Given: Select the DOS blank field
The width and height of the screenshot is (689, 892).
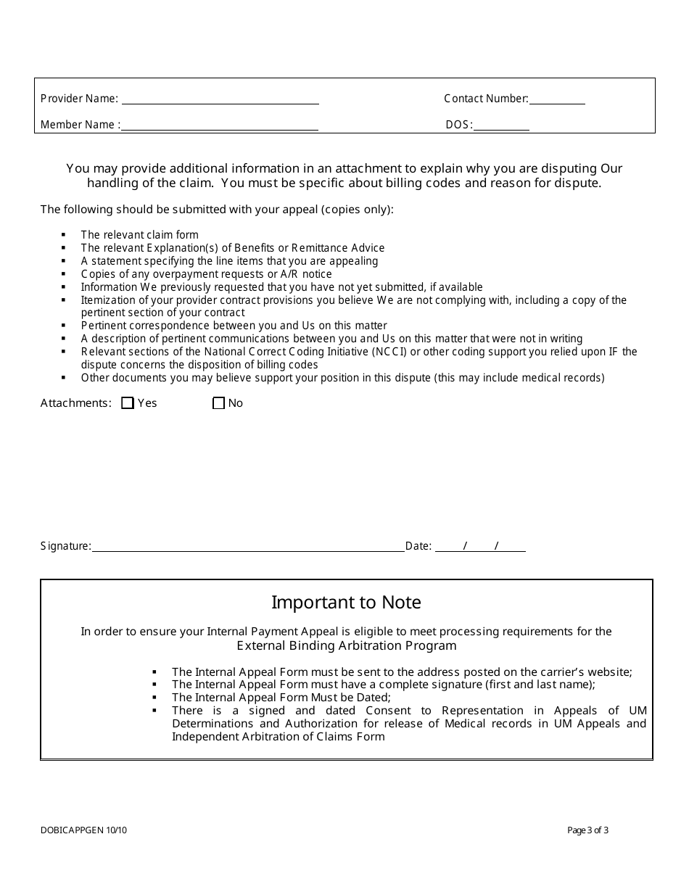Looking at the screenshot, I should [501, 125].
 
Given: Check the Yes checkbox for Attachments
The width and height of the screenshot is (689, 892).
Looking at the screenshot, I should [128, 403].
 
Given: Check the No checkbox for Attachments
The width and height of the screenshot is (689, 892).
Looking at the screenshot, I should [218, 403].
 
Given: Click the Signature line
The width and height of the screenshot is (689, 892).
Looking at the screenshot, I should [248, 546].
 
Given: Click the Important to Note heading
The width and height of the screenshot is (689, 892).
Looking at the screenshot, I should [346, 603].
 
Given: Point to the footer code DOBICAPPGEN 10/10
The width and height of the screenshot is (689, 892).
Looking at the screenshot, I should [83, 830].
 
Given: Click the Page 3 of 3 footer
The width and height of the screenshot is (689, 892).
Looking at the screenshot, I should [587, 830].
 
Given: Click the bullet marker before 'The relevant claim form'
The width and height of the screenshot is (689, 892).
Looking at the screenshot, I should [64, 235].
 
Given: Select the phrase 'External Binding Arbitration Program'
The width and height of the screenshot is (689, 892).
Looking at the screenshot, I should [347, 645].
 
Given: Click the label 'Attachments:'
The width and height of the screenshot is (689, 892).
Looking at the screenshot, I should [76, 403].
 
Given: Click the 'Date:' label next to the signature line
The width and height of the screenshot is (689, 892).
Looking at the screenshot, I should [418, 546].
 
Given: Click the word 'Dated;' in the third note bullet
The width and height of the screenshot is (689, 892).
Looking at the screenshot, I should [373, 698].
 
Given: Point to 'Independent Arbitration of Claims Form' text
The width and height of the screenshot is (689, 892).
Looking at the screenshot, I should [279, 737].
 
